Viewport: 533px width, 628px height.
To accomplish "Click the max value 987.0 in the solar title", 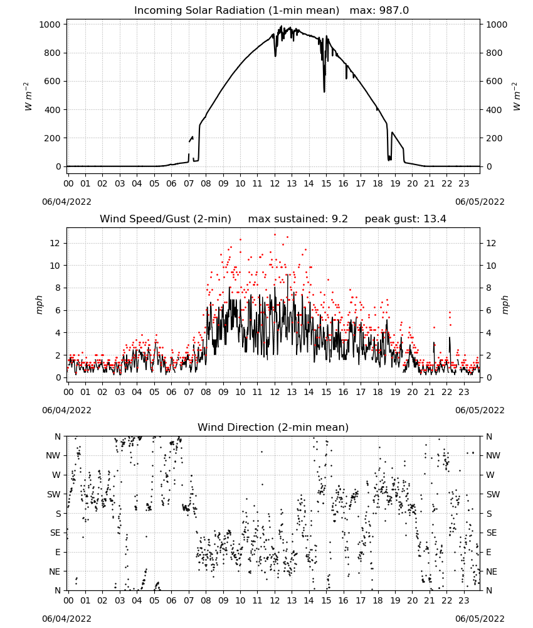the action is pos(394,11).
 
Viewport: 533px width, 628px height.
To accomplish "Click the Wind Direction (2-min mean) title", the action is pos(273,427).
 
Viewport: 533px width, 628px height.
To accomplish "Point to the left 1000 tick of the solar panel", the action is pos(50,24).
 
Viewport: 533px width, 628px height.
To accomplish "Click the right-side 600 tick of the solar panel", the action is pos(494,81).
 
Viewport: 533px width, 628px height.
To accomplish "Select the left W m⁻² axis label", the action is pos(28,96).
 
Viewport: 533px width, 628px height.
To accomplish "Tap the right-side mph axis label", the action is pos(505,305).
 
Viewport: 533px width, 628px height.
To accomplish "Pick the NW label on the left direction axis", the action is pos(53,456).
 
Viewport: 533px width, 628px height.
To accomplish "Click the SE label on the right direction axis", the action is pos(492,533).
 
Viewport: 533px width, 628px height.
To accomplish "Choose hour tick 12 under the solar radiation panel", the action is pos(275,184).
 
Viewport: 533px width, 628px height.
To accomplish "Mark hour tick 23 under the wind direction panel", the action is pos(464,600).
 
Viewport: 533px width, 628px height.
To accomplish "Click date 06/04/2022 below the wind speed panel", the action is pos(66,410).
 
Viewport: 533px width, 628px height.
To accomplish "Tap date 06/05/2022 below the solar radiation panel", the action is pos(480,202).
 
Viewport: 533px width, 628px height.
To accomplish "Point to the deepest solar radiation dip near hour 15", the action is pos(324,92).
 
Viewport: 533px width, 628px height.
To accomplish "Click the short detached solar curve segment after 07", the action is pos(191,139).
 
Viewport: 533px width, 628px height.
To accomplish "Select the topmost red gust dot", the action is pos(275,234).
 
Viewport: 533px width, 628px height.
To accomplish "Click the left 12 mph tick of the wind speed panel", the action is pos(55,243).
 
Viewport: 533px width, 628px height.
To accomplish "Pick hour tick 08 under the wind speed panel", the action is pos(206,392).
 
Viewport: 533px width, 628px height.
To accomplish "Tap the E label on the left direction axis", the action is pos(58,552).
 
